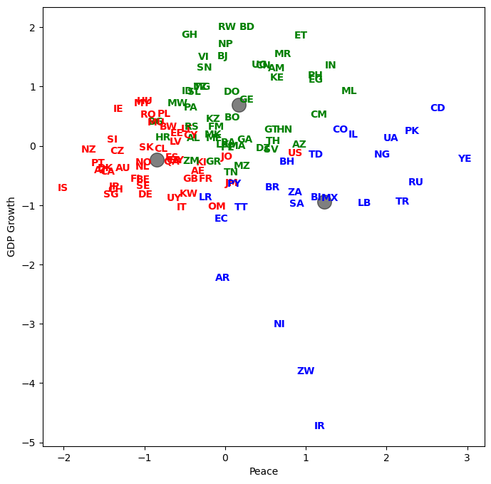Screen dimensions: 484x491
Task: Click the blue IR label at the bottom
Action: (319, 426)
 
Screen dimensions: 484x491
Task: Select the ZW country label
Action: (306, 371)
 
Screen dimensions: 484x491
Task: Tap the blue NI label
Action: (279, 324)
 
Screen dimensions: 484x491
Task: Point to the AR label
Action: (222, 278)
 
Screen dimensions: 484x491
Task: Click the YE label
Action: (465, 159)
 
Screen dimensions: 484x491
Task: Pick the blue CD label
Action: (438, 108)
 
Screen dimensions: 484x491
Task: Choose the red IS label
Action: (63, 188)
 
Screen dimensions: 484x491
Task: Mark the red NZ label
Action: (88, 150)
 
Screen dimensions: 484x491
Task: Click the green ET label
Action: (301, 36)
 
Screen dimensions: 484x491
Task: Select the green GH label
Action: (190, 35)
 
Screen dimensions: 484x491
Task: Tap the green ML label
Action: (348, 91)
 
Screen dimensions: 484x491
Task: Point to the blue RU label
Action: (415, 182)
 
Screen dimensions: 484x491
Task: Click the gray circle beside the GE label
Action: (239, 105)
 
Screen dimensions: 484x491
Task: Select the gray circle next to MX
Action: (324, 202)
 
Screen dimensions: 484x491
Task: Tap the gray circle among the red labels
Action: (157, 160)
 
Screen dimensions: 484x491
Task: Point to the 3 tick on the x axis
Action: (467, 457)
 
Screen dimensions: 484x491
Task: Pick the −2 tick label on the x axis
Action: (63, 457)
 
